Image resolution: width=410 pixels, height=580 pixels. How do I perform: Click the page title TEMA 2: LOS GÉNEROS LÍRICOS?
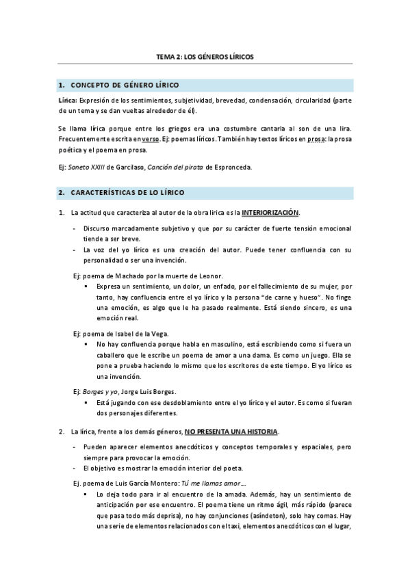coord(205,57)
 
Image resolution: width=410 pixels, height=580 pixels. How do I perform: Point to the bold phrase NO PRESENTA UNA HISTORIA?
coord(231,432)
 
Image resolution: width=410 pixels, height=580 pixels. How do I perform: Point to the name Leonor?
coord(208,276)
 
